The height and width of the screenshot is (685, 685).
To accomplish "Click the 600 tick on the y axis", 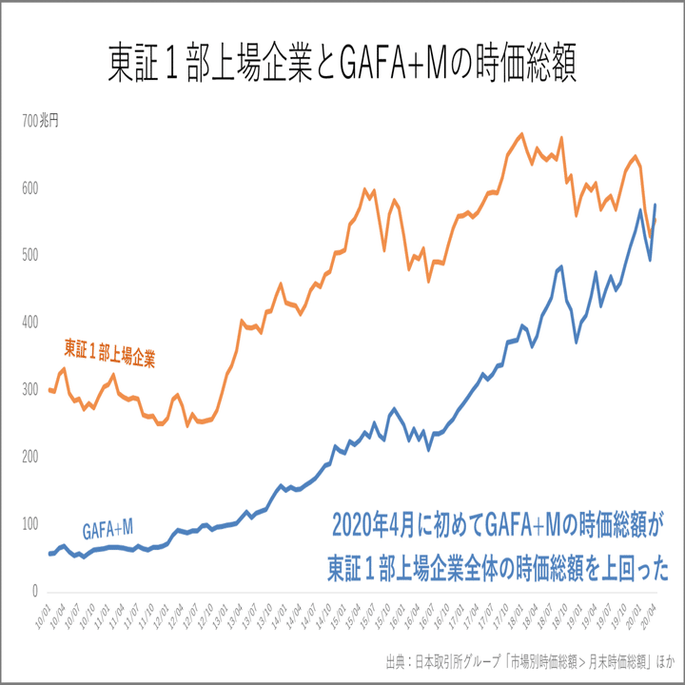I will pos(31,188).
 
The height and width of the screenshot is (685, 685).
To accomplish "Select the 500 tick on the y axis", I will pos(31,256).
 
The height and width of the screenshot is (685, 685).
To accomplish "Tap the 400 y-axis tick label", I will pos(31,323).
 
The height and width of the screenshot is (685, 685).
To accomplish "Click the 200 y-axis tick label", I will pos(31,458).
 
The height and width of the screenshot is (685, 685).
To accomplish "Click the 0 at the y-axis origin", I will pos(36,592).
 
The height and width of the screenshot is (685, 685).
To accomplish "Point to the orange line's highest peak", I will pos(520,134).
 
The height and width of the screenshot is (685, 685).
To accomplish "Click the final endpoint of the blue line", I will pos(656,205).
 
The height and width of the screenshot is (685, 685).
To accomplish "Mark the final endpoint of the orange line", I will pos(656,220).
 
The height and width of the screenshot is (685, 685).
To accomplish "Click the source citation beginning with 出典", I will pos(528,660).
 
